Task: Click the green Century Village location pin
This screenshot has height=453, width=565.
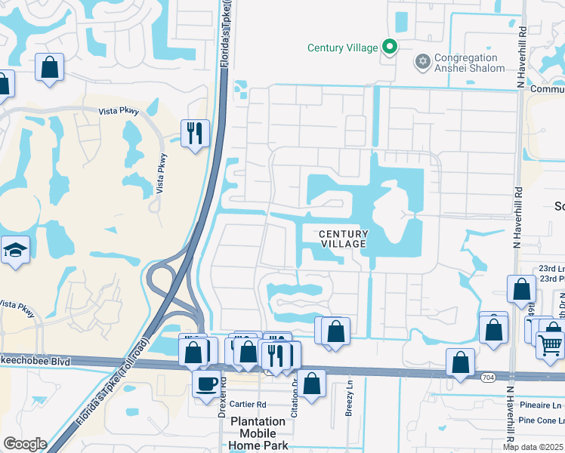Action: pyautogui.click(x=390, y=48)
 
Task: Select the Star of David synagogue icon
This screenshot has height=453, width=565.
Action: pyautogui.click(x=423, y=60)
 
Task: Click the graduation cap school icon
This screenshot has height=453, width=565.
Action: pyautogui.click(x=14, y=250)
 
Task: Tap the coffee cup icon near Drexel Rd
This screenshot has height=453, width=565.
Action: pyautogui.click(x=206, y=384)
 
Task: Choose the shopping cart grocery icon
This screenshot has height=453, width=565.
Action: pyautogui.click(x=550, y=344)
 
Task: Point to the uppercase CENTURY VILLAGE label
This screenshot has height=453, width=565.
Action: pyautogui.click(x=342, y=239)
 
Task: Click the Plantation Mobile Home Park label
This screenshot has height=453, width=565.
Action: pyautogui.click(x=258, y=433)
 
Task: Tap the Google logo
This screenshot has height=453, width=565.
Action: pyautogui.click(x=25, y=444)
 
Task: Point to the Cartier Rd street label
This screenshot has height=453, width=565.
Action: pyautogui.click(x=249, y=403)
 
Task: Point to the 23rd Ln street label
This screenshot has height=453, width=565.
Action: pyautogui.click(x=548, y=268)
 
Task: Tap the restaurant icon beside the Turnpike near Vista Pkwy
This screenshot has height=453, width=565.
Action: pyautogui.click(x=195, y=134)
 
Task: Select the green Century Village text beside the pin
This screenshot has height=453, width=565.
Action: pyautogui.click(x=342, y=48)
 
